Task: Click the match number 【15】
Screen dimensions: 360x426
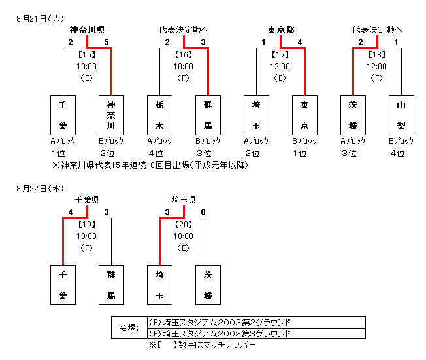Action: [x=87, y=55]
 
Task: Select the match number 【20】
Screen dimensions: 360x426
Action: [x=184, y=224]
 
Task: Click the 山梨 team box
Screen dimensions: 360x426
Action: [x=402, y=115]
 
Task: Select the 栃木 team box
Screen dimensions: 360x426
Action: [x=159, y=115]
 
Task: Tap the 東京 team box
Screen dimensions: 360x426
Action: [x=304, y=115]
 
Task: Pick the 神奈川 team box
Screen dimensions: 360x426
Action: [x=111, y=115]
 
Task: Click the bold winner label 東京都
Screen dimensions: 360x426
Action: [x=281, y=30]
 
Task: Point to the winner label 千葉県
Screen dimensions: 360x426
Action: [x=87, y=200]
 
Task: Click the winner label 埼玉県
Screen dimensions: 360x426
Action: [x=184, y=200]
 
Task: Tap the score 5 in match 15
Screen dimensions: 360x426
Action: [x=106, y=42]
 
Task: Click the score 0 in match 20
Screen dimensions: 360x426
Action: [x=203, y=212]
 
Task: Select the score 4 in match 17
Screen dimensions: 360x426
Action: [x=299, y=42]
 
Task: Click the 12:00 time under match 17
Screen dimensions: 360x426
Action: [x=280, y=66]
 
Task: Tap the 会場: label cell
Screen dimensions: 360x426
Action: [x=129, y=328]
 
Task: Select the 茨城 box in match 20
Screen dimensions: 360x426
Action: [x=208, y=285]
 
